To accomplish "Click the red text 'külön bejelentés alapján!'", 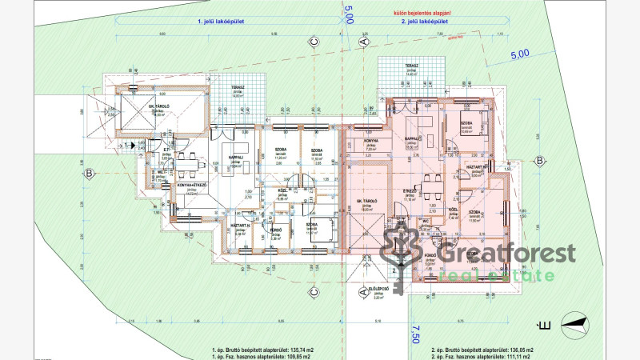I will pyautogui.click(x=411, y=14).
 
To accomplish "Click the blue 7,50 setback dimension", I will pyautogui.click(x=414, y=334).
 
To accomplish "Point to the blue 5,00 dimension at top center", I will pyautogui.click(x=348, y=15).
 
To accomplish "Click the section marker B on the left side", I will pyautogui.click(x=90, y=174).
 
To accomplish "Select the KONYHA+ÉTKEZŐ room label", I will pyautogui.click(x=191, y=185).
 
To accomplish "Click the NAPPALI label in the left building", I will pyautogui.click(x=235, y=158).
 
